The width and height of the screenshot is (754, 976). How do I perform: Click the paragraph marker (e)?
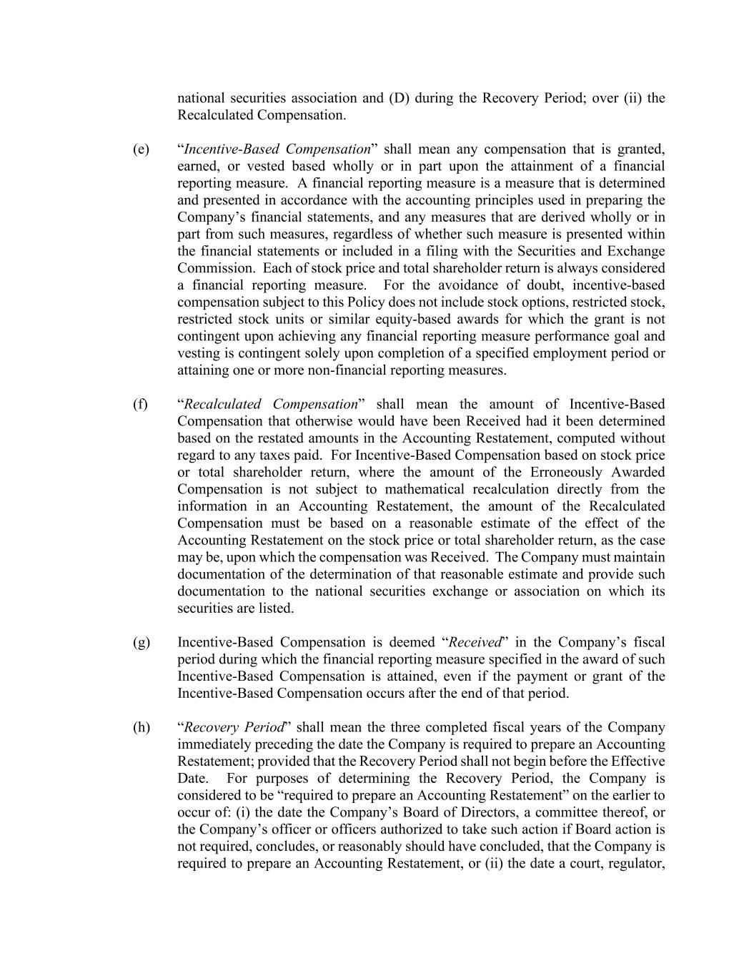pyautogui.click(x=141, y=149)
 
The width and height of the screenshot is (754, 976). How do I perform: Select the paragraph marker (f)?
pyautogui.click(x=140, y=405)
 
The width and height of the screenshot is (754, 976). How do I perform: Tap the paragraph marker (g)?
pyautogui.click(x=141, y=643)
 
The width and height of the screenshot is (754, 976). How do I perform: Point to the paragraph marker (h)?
pyautogui.click(x=141, y=728)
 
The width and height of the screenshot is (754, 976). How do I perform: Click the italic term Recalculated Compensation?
pyautogui.click(x=271, y=405)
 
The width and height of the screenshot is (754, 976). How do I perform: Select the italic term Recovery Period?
pyautogui.click(x=234, y=728)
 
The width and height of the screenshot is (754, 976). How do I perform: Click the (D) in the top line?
pyautogui.click(x=398, y=98)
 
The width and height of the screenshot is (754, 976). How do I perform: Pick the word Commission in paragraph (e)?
pyautogui.click(x=214, y=269)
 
